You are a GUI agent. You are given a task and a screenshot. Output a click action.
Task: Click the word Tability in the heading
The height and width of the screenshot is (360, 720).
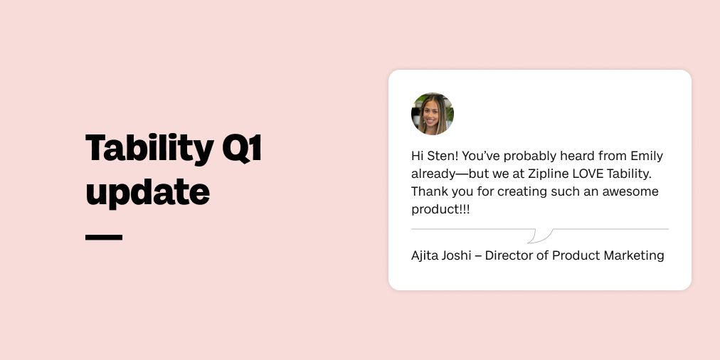click(148, 148)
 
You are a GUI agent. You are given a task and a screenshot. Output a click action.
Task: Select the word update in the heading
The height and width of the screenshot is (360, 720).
click(147, 191)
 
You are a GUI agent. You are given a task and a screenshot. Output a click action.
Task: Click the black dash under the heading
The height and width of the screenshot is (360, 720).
click(104, 237)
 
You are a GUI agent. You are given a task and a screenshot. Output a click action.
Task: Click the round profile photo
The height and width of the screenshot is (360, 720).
click(433, 114)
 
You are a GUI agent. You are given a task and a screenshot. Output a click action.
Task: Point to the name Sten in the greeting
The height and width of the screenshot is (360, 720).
click(442, 156)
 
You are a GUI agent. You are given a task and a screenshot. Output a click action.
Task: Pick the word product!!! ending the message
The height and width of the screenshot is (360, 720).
click(440, 210)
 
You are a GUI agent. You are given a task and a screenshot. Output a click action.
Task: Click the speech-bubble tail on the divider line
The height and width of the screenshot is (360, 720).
click(540, 235)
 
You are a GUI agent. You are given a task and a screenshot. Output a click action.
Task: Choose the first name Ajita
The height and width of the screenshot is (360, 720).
click(425, 255)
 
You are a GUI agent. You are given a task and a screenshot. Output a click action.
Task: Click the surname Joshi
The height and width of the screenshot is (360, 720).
click(456, 255)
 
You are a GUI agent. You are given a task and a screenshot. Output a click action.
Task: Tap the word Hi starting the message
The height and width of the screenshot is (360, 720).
click(418, 156)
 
